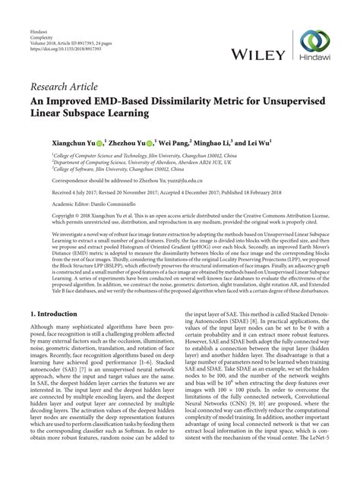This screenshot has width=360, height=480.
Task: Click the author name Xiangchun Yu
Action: coord(75,141)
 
